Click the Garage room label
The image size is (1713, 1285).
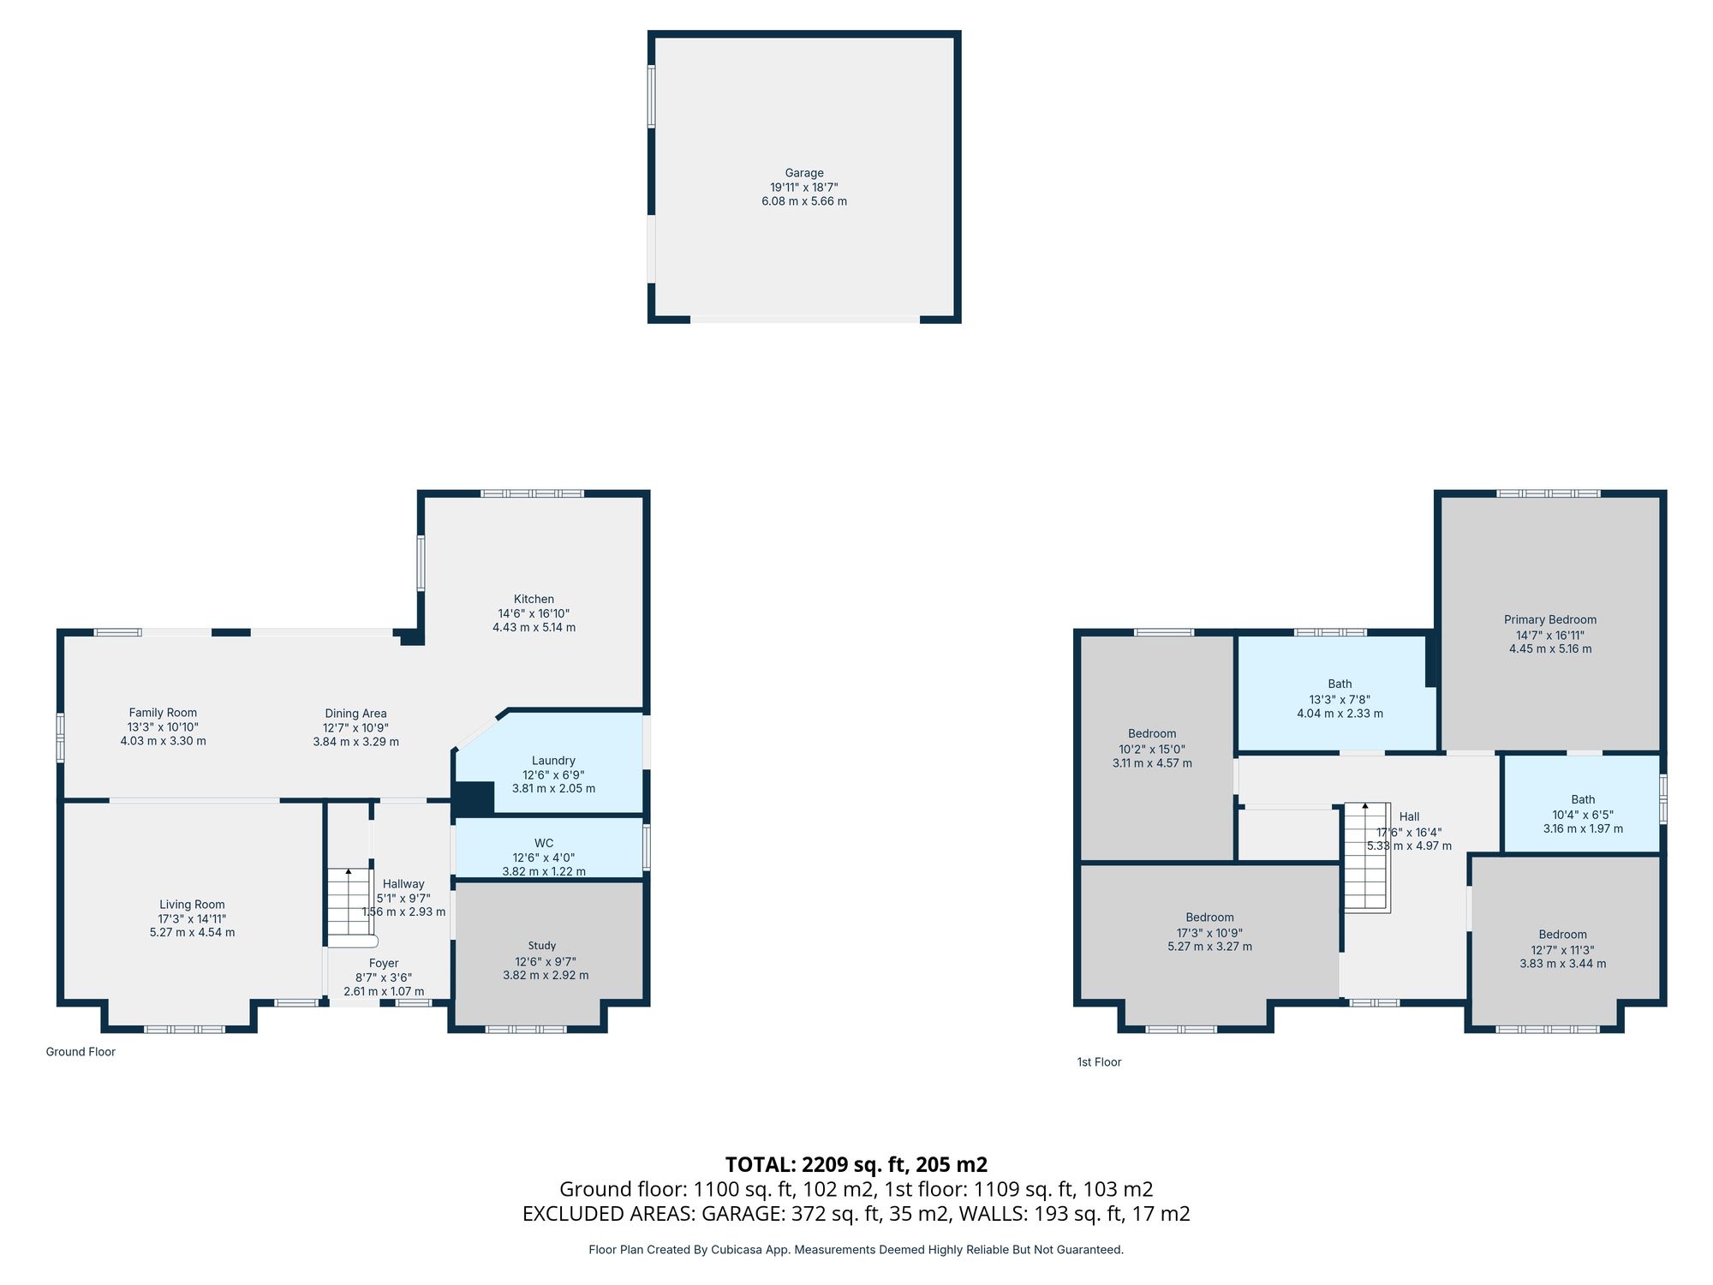803,173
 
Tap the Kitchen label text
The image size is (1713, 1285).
534,600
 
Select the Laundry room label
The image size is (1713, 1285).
553,761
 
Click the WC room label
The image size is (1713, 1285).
543,844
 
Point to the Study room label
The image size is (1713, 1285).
542,946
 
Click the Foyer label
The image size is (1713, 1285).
384,964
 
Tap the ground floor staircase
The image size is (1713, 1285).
348,904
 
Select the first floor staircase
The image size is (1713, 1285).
1365,857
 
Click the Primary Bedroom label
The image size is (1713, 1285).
1549,620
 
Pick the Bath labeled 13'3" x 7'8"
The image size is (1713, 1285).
1340,684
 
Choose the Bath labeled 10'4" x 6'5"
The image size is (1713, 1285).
1583,800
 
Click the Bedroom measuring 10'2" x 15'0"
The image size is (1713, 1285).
1151,734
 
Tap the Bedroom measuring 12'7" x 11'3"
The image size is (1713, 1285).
1562,935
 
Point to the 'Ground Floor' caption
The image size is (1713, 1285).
81,1052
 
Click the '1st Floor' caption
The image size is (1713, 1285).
1099,1062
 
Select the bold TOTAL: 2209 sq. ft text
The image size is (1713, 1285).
856,1164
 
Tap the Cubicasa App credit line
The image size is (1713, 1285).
856,1250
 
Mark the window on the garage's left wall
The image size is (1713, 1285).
651,96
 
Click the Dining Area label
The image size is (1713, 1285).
355,714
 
